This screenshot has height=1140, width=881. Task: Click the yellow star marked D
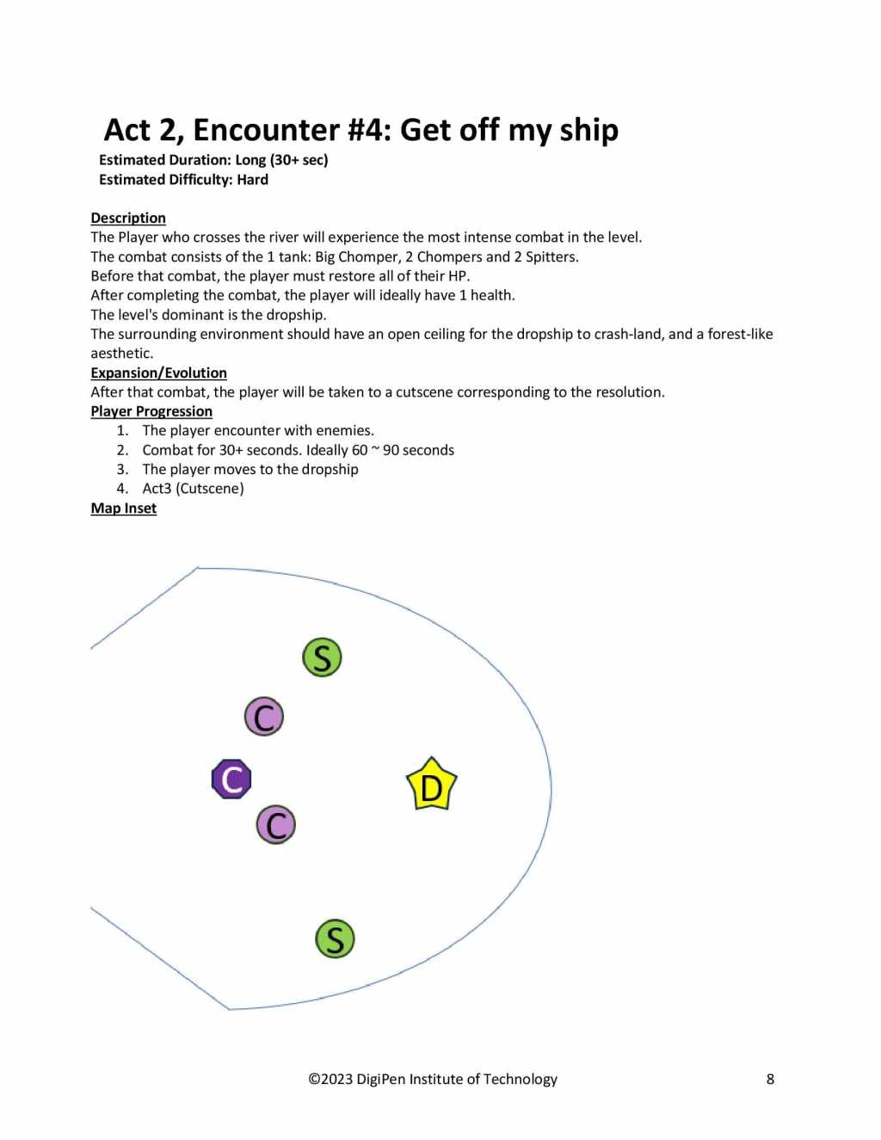[x=431, y=785]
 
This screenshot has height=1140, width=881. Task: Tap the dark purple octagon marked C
[x=231, y=780]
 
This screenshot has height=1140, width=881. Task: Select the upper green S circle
[x=322, y=657]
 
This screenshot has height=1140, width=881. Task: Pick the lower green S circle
[x=335, y=939]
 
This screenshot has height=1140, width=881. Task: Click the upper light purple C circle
[x=264, y=716]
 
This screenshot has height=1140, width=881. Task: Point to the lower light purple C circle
[x=276, y=825]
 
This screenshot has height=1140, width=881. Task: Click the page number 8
[x=770, y=1079]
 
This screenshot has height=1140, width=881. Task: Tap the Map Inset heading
[x=124, y=508]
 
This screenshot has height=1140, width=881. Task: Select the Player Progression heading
[x=151, y=411]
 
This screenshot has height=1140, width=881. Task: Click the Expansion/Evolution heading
[x=159, y=373]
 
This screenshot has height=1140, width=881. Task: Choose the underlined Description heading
[x=128, y=218]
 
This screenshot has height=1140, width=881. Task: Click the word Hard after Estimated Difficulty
[x=253, y=180]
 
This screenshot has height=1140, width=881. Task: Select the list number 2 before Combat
[x=122, y=450]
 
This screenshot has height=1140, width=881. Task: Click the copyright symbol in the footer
[x=314, y=1079]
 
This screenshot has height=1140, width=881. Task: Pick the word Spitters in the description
[x=551, y=256]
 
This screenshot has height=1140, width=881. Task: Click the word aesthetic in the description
[x=121, y=354]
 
